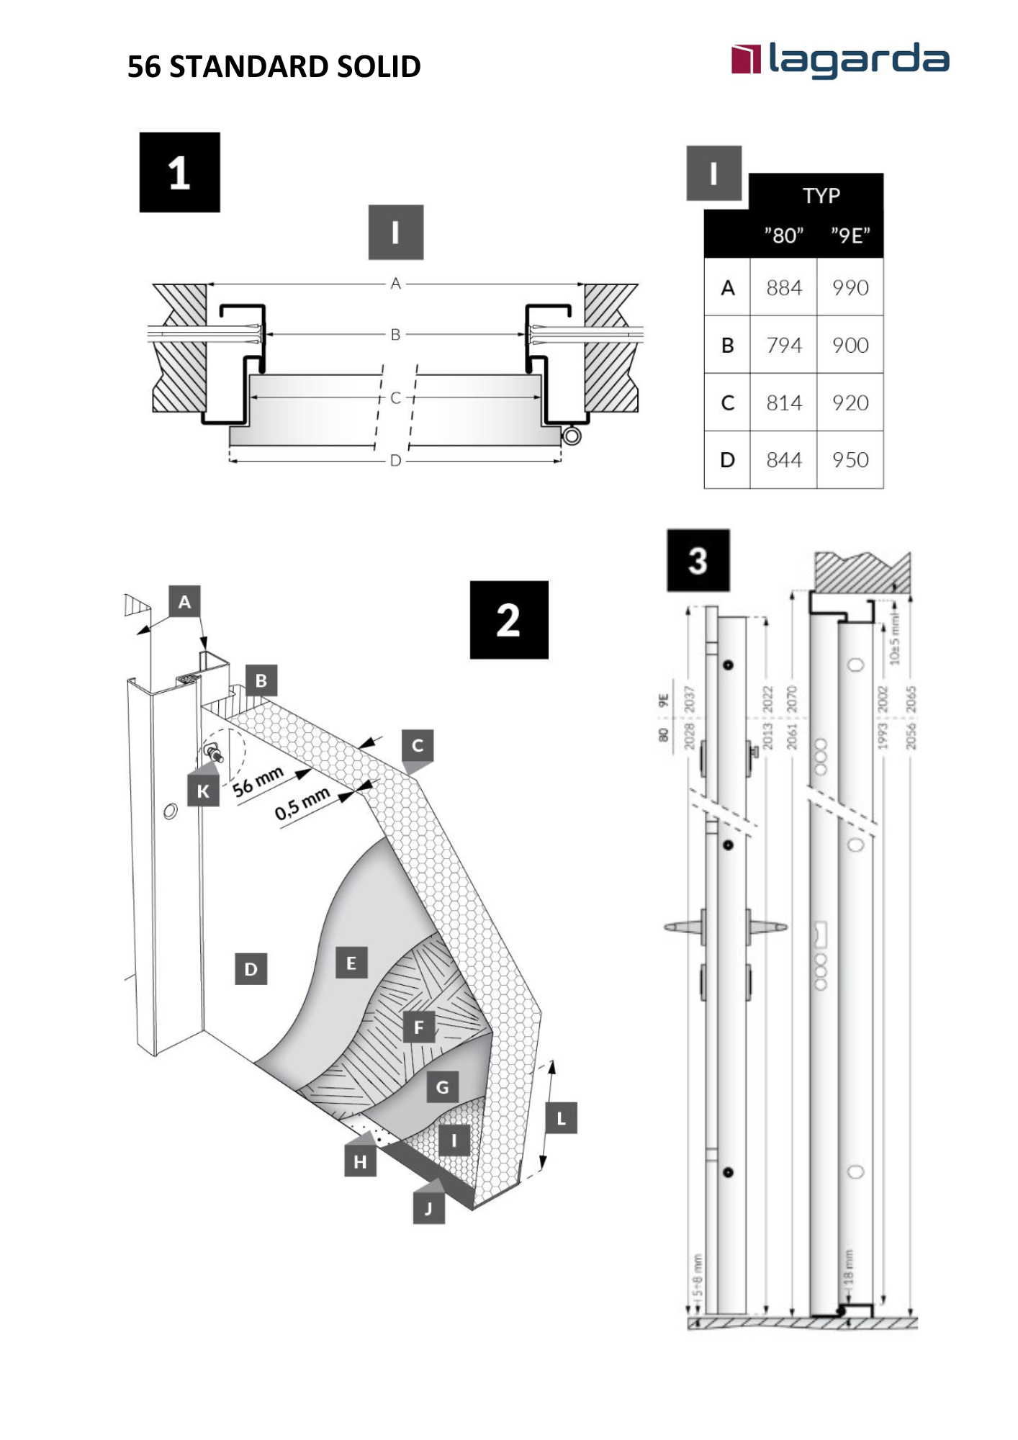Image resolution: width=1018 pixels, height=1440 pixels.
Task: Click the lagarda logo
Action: tap(839, 60)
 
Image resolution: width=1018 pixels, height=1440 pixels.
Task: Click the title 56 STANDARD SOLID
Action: tap(274, 67)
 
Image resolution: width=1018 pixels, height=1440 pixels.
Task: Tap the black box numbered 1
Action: tap(179, 172)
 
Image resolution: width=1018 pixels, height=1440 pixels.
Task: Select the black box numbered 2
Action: tap(508, 620)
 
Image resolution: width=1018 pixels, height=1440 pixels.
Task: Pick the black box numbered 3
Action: tap(698, 560)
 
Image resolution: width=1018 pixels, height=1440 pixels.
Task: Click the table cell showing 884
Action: tap(783, 288)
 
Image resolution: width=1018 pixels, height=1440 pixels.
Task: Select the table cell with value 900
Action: tap(850, 346)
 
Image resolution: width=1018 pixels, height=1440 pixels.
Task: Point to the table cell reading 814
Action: tap(783, 403)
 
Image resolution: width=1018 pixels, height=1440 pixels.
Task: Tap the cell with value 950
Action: tap(850, 460)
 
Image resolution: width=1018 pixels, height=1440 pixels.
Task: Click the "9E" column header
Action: tap(850, 235)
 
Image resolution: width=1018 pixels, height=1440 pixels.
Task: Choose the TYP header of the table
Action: tap(821, 196)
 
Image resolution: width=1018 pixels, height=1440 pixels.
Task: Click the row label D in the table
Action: tap(727, 460)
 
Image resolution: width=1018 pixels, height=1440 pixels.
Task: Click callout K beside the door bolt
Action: tap(203, 791)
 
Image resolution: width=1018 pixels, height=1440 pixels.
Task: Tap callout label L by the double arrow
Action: tap(561, 1118)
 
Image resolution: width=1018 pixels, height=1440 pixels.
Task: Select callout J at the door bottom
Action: tap(428, 1208)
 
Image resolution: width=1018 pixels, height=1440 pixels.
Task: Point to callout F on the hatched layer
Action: tap(418, 1027)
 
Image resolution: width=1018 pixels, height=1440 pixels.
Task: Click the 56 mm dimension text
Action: tap(258, 782)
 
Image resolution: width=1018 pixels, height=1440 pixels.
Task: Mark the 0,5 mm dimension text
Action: tap(302, 804)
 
